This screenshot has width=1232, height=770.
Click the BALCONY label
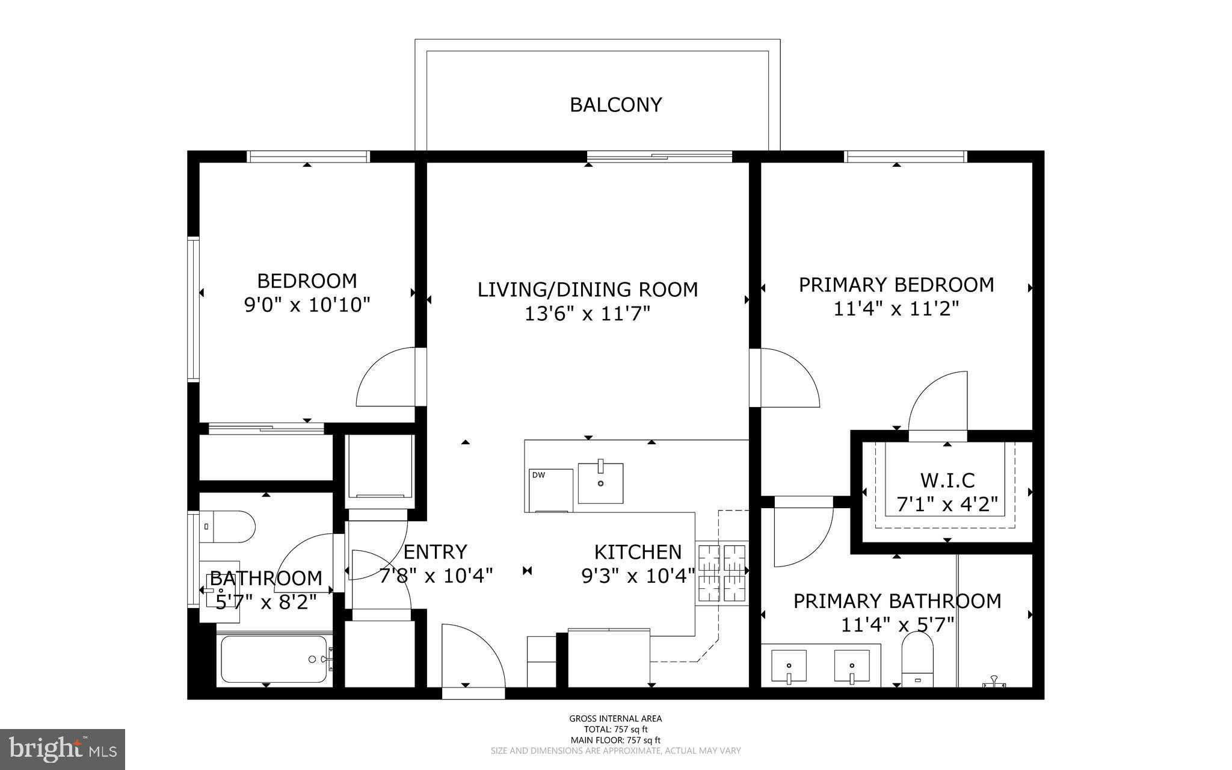(x=615, y=105)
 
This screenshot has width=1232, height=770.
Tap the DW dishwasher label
(x=538, y=475)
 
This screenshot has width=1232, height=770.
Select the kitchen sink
(x=600, y=483)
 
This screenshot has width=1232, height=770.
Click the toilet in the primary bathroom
(x=917, y=659)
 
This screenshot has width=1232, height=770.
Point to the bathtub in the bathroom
(x=274, y=659)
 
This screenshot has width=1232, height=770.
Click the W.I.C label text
(x=947, y=480)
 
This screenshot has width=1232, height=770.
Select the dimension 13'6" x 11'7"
(x=588, y=314)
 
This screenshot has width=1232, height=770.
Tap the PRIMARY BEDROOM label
(x=896, y=285)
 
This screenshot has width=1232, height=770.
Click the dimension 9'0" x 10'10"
(x=307, y=305)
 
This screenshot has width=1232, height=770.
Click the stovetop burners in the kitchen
(x=722, y=573)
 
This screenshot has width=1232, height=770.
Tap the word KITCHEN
(x=638, y=552)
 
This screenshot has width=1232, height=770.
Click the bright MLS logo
(x=63, y=749)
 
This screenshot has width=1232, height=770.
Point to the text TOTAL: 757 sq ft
(x=615, y=729)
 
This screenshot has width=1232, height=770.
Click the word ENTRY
(x=435, y=552)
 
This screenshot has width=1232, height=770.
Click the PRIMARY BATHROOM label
(x=897, y=601)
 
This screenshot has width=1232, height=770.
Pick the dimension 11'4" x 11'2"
(x=896, y=309)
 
